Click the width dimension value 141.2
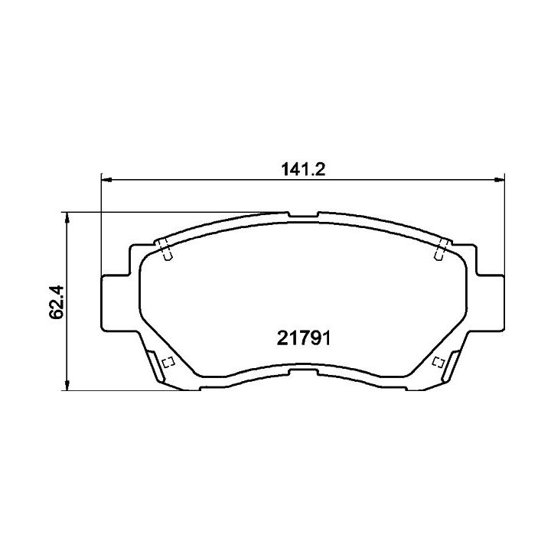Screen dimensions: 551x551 click(x=303, y=169)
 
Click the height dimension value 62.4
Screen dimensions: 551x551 click(x=57, y=302)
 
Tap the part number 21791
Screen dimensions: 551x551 click(x=304, y=338)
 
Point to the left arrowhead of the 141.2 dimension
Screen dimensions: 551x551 click(x=106, y=180)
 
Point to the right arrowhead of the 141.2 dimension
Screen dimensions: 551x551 click(x=499, y=180)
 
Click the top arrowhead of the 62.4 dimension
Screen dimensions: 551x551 click(x=67, y=217)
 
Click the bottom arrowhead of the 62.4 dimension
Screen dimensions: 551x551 click(x=67, y=385)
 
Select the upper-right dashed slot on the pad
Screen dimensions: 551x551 click(x=442, y=249)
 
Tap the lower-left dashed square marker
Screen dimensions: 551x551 click(x=168, y=362)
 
